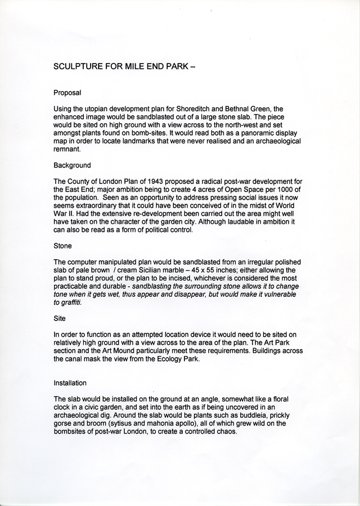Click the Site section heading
tap(60, 318)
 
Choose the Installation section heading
tap(70, 383)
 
